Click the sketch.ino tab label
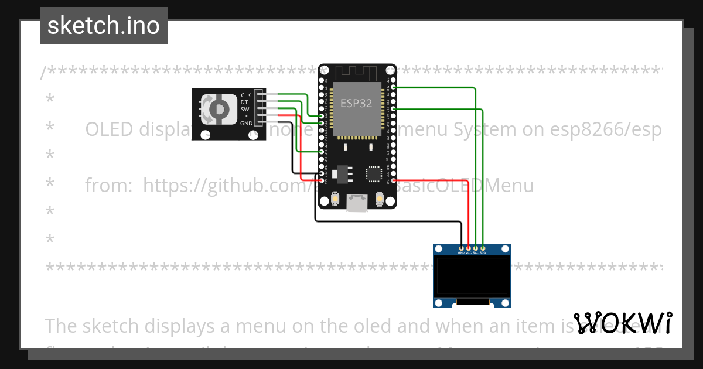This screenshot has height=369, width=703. [104, 26]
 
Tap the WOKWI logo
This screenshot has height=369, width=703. [622, 323]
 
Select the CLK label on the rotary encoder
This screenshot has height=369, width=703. [245, 95]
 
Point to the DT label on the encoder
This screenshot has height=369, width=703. [244, 102]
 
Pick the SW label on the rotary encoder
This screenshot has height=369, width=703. [244, 109]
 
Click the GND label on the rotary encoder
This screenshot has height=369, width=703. [245, 123]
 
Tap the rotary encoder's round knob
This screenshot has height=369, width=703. [218, 109]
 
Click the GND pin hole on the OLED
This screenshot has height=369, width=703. [462, 249]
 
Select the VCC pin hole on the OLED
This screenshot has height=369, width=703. [469, 249]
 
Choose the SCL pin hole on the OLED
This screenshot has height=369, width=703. [476, 249]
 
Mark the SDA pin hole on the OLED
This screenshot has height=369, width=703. [483, 249]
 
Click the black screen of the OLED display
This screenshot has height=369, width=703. [472, 278]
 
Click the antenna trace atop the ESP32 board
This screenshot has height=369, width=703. [357, 72]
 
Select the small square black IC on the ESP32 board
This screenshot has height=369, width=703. [373, 174]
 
